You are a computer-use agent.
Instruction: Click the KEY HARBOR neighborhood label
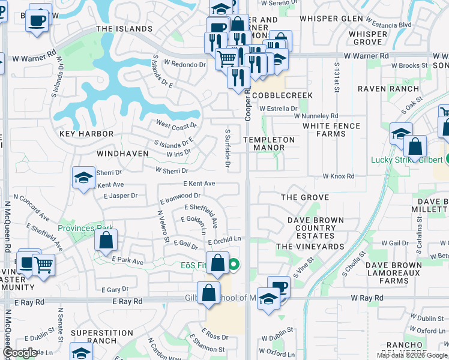(86, 134)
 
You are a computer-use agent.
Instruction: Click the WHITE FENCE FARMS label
(331, 130)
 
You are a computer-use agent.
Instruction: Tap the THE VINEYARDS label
(310, 247)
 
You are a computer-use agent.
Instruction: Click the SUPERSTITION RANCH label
(102, 337)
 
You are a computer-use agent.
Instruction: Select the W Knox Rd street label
(339, 176)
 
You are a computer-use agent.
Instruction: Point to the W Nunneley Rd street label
(316, 116)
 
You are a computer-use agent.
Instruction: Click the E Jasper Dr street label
(121, 196)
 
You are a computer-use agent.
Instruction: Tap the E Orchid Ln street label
(224, 240)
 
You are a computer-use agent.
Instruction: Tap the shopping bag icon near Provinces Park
(106, 242)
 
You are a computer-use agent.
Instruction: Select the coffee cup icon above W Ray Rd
(278, 287)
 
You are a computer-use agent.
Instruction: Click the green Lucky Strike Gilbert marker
(448, 160)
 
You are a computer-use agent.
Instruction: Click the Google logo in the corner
(20, 353)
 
